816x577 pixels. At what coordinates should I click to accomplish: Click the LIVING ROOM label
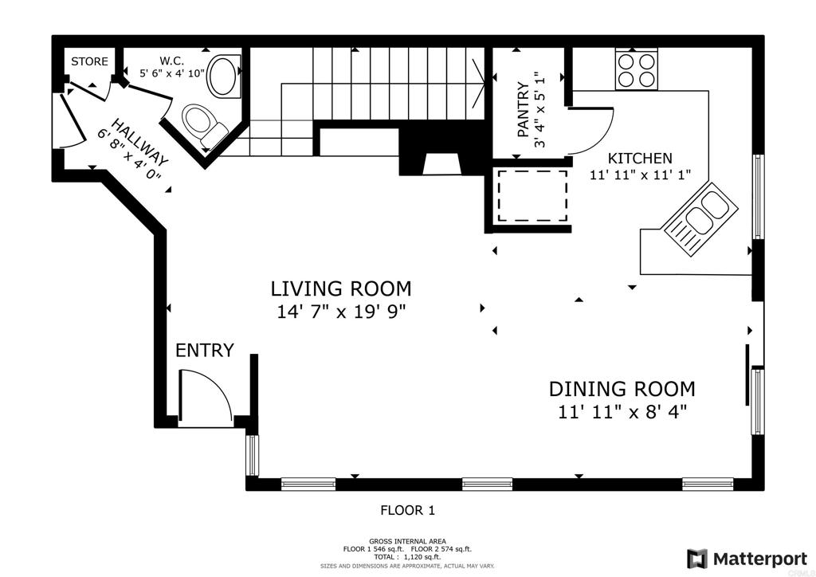click(x=341, y=288)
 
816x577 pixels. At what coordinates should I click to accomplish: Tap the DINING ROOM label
click(x=622, y=389)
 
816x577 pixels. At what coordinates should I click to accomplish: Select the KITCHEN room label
click(x=640, y=158)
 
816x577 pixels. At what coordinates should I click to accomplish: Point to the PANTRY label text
click(x=523, y=110)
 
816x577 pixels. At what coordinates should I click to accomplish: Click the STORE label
click(x=89, y=61)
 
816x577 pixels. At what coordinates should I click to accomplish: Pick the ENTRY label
click(x=205, y=350)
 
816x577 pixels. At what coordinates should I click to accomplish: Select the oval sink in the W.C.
click(x=224, y=76)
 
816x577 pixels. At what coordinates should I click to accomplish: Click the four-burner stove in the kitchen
click(x=636, y=69)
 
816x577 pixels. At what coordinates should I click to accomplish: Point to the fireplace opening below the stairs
click(x=441, y=164)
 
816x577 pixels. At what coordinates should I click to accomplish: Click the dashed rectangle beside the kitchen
click(x=532, y=195)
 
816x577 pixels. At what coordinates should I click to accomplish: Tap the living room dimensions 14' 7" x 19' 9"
click(x=341, y=312)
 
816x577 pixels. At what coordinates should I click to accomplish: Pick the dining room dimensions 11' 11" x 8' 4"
click(x=622, y=412)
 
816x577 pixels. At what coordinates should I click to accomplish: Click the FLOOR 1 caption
click(x=407, y=510)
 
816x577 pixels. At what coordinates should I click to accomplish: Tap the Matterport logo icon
click(x=696, y=559)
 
